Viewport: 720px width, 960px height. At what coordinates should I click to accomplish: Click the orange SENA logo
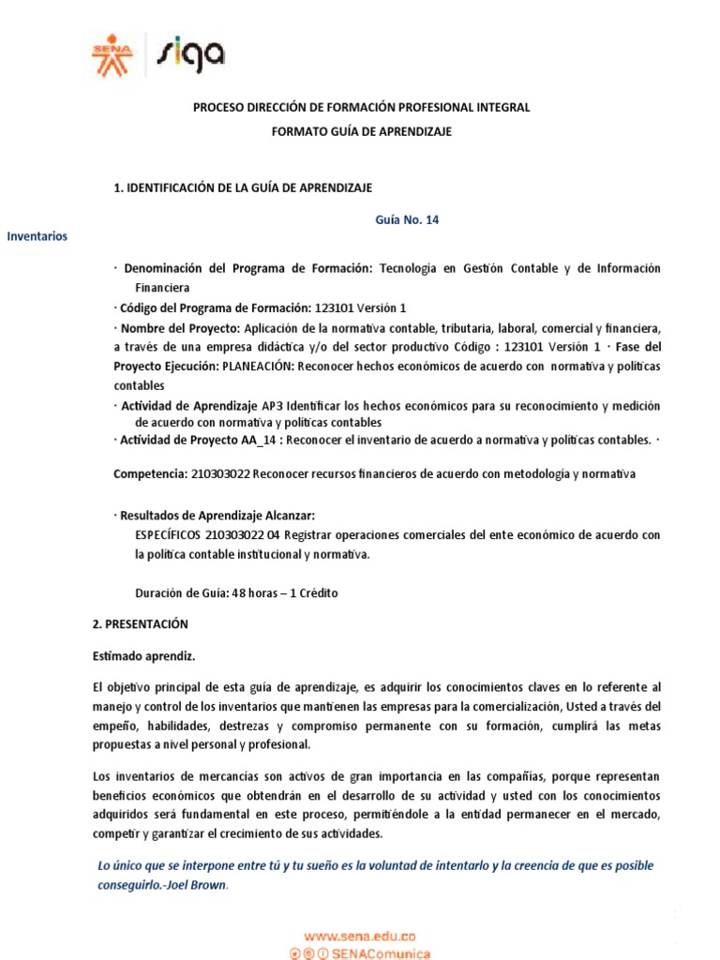coord(112,54)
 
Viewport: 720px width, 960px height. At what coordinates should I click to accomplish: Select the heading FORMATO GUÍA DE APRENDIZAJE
coord(361,132)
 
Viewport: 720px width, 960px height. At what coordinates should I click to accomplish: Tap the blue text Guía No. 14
coord(407,220)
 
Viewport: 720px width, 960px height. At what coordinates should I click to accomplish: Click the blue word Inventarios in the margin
coord(37,236)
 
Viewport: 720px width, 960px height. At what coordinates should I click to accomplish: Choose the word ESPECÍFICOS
coord(168,535)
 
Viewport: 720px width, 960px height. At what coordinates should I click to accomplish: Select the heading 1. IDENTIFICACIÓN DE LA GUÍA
coord(243,187)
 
